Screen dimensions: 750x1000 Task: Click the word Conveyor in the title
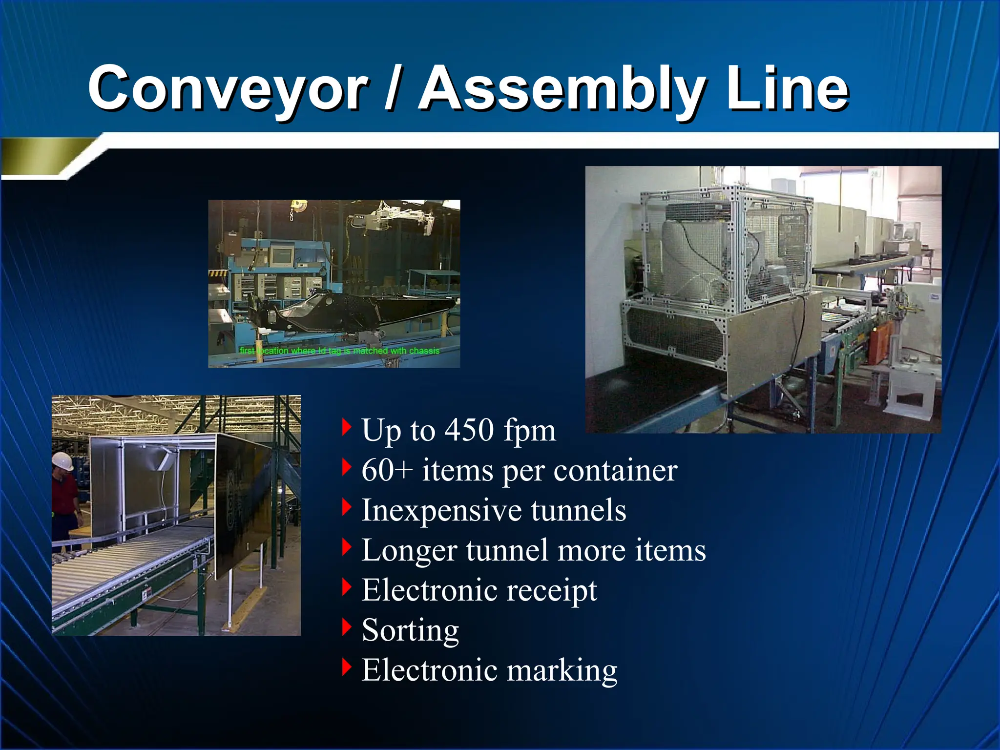click(227, 89)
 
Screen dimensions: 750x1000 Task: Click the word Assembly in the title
click(562, 89)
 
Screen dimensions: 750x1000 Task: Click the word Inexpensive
click(441, 510)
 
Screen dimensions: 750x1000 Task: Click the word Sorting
click(410, 630)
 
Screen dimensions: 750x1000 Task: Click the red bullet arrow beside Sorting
click(347, 627)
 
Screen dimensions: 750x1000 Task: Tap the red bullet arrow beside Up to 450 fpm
click(347, 427)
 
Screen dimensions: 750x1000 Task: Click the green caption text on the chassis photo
click(339, 351)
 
